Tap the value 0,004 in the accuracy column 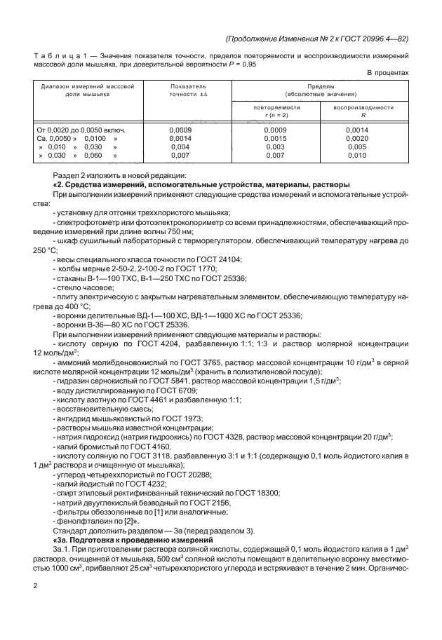coord(180,148)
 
